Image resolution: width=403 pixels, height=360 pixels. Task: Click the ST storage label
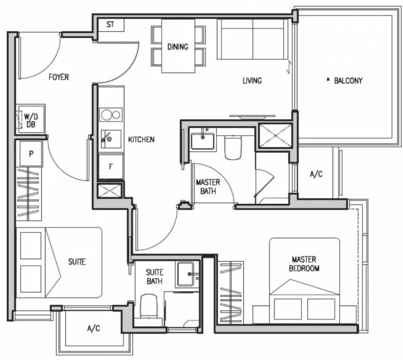(x=110, y=25)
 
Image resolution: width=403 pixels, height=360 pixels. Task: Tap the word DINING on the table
(x=178, y=47)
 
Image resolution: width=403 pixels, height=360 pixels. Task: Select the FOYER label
(x=59, y=77)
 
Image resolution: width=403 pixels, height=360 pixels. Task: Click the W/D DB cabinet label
(x=31, y=121)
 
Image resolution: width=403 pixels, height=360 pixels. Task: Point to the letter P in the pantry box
(x=31, y=154)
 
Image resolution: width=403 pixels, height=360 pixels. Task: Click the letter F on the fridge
(x=111, y=167)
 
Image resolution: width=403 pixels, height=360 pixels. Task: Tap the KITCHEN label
(x=142, y=140)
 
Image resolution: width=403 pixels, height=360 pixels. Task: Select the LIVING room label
(x=252, y=81)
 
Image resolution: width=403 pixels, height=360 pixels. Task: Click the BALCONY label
(x=348, y=81)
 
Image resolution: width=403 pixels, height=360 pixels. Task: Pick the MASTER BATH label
(x=208, y=187)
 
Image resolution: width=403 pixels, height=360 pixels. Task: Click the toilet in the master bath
(x=233, y=148)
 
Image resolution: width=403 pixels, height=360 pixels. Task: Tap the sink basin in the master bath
(x=203, y=141)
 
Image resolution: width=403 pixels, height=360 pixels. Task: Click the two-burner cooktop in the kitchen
(x=111, y=115)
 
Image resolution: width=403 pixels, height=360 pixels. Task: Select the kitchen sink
(x=111, y=139)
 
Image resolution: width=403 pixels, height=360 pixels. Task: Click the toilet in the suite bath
(x=149, y=306)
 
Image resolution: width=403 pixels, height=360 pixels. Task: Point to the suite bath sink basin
(x=185, y=274)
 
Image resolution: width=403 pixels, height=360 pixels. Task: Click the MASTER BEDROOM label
(x=304, y=264)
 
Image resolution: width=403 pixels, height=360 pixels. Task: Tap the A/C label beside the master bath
(x=316, y=174)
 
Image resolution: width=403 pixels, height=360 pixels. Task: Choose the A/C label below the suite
(x=94, y=328)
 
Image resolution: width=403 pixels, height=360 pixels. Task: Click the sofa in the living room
(x=253, y=39)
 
